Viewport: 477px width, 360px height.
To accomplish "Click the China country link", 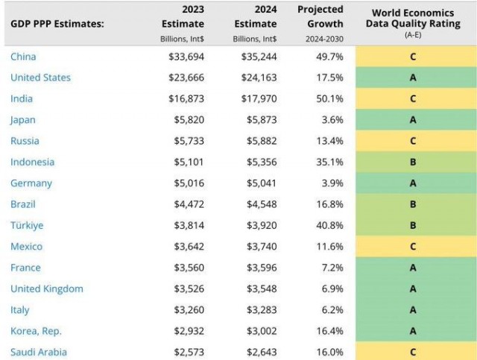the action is [23, 57].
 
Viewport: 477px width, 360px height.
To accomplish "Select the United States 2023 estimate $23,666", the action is [186, 78].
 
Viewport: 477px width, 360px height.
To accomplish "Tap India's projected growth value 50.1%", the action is [329, 98].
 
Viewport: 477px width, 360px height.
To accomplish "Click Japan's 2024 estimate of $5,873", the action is [262, 119].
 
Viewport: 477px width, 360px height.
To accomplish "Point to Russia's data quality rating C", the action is [413, 141].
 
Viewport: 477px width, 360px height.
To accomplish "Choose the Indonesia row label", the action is [32, 162].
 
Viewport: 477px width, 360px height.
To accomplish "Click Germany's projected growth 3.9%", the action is [332, 183].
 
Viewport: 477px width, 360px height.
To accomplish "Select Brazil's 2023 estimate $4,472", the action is [189, 204].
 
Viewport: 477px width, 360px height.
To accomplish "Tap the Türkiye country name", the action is [27, 225].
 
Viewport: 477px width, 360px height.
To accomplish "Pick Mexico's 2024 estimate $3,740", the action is [262, 247].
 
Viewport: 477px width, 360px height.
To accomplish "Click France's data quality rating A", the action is [413, 268].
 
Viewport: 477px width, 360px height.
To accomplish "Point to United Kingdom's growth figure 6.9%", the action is [332, 288].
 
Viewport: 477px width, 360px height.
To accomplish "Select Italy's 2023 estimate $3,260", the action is [189, 310].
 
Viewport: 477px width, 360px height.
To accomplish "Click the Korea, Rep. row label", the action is [36, 331].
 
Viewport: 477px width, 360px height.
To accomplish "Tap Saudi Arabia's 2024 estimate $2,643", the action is [262, 352].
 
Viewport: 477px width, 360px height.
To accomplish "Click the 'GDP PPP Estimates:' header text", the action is [57, 24].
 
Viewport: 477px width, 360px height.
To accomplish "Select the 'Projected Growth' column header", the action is [320, 16].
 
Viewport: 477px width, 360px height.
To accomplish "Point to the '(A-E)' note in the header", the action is [413, 35].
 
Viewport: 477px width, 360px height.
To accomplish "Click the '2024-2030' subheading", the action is [324, 39].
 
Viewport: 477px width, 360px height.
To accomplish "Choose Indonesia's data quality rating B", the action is [413, 162].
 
